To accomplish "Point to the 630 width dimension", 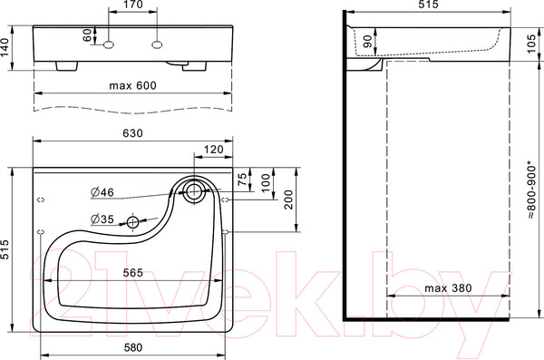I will pos(131,133).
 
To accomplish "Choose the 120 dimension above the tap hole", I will pos(213,149).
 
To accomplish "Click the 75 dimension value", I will pos(241,179).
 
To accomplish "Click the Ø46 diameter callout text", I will pos(101,191).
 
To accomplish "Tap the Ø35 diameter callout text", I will pos(102,219).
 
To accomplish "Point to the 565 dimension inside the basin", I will pos(133,272).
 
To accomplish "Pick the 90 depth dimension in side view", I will pos(366,42).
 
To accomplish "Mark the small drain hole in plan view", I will pos(134,222).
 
